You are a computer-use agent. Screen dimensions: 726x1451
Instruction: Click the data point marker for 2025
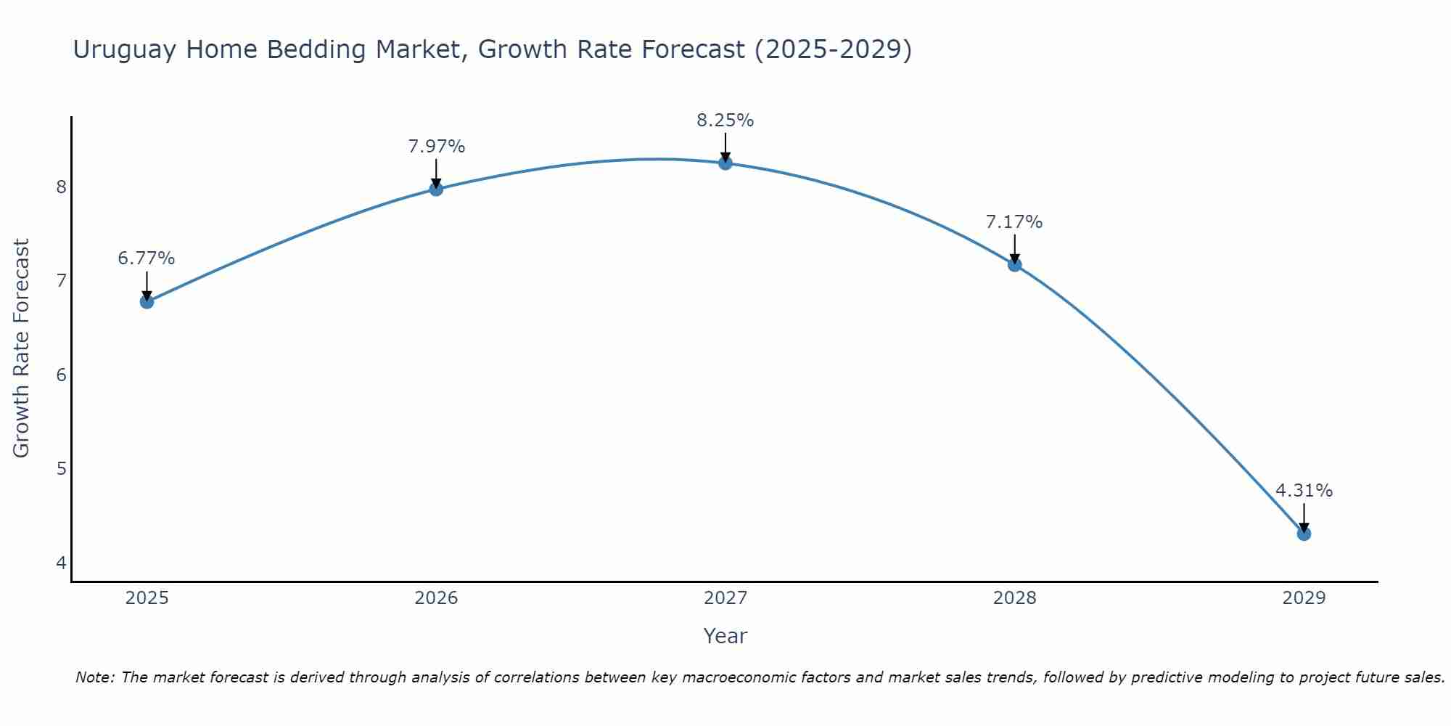[147, 301]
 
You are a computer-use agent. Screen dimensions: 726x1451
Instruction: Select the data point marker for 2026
[436, 189]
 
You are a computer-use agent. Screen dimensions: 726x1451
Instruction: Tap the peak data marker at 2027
[725, 163]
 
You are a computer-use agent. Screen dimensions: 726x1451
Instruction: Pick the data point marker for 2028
[1014, 264]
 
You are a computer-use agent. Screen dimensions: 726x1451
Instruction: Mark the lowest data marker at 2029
[1304, 534]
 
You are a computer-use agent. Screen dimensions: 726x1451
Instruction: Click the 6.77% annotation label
[147, 258]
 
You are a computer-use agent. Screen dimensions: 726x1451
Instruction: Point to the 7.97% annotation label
[436, 147]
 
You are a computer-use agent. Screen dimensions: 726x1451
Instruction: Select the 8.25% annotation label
[725, 121]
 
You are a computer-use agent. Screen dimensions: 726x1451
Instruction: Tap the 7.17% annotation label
[1014, 222]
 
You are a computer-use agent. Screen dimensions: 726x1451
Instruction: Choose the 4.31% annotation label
[1304, 491]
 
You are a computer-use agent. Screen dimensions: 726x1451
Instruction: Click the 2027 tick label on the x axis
[725, 598]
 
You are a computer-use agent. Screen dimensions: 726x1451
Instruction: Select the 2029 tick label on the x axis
[1304, 598]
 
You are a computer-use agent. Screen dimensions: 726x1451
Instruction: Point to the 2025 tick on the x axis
[147, 598]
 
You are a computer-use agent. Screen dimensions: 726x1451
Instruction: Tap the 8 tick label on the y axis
[61, 187]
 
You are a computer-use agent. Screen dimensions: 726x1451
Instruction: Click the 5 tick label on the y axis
[61, 469]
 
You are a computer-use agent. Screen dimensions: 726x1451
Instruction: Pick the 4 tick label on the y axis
[61, 563]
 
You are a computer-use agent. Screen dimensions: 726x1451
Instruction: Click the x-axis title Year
[725, 636]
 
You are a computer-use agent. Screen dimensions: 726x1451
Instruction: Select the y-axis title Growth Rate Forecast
[22, 348]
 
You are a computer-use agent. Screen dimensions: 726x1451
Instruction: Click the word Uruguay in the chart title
[124, 50]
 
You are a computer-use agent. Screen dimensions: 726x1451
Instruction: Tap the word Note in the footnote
[94, 677]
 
